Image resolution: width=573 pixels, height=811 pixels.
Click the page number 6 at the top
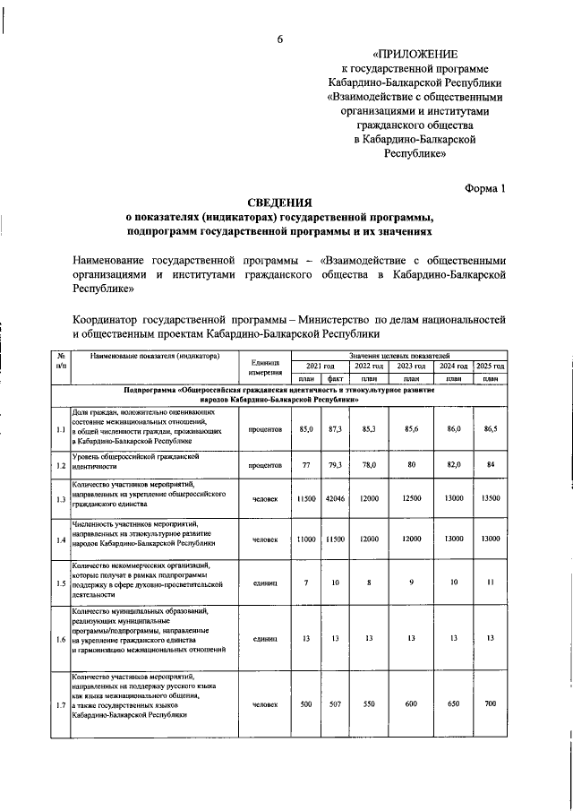(x=279, y=38)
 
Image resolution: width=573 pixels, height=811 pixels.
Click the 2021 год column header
(x=320, y=367)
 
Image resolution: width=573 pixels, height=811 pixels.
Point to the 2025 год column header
(x=490, y=367)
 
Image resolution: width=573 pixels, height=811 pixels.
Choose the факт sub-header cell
(x=336, y=379)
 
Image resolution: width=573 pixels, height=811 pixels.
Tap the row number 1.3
(x=60, y=499)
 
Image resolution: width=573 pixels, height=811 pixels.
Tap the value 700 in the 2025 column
(x=490, y=704)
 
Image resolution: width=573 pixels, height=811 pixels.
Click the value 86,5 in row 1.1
(x=490, y=430)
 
